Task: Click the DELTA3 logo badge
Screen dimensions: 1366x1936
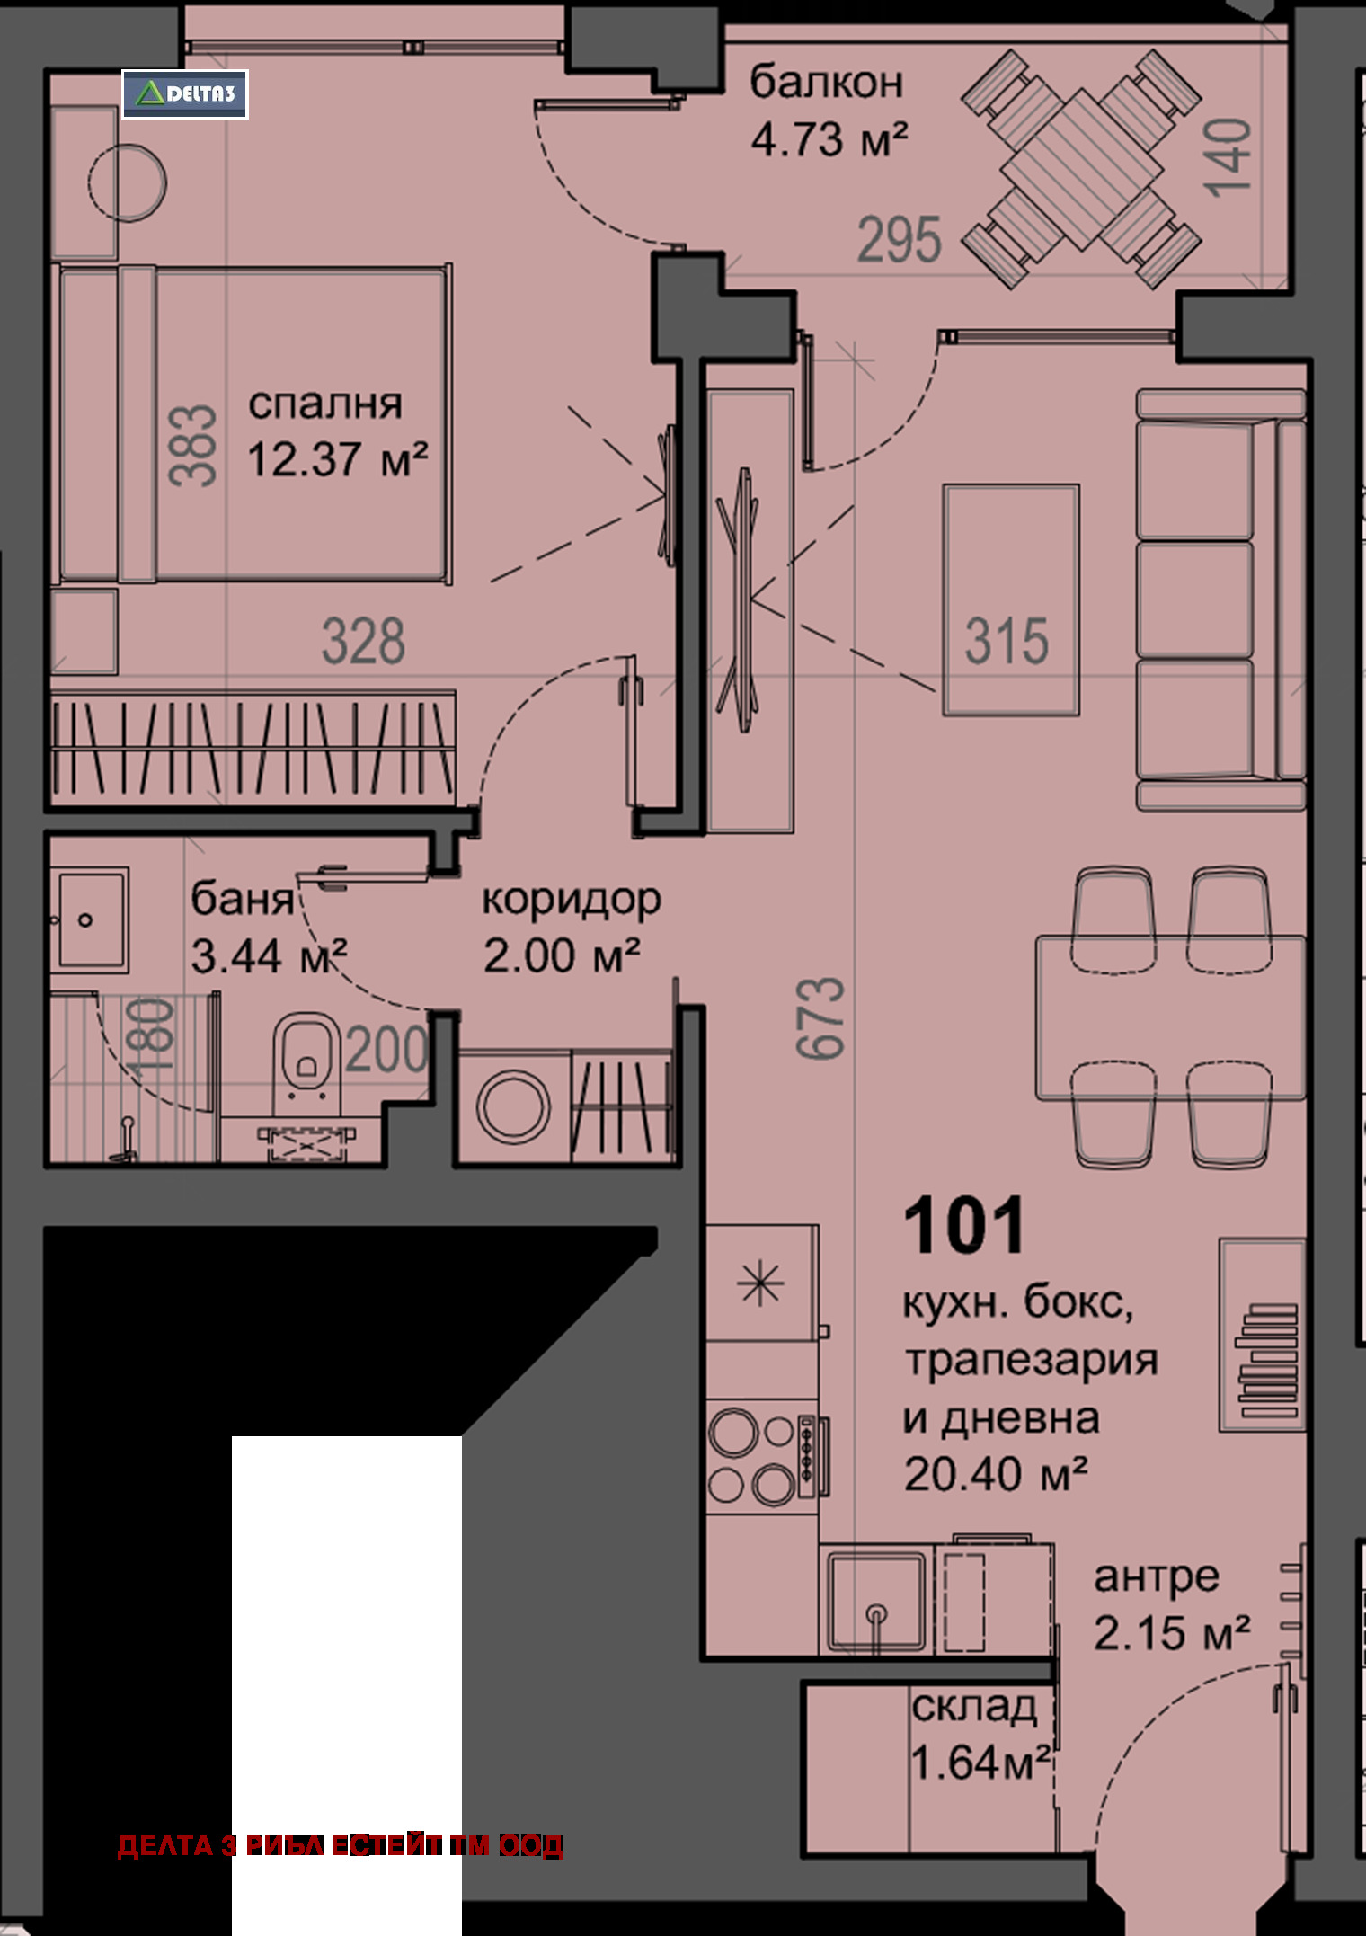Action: pyautogui.click(x=185, y=94)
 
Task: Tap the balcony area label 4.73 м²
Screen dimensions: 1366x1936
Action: pyautogui.click(x=829, y=139)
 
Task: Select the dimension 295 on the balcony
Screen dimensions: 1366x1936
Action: pyautogui.click(x=899, y=240)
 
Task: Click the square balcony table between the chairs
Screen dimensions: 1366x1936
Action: pyautogui.click(x=1081, y=169)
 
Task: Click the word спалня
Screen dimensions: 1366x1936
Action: pyautogui.click(x=325, y=405)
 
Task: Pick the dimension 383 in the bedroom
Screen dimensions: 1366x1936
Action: pyautogui.click(x=192, y=446)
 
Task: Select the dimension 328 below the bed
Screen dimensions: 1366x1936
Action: pyautogui.click(x=363, y=641)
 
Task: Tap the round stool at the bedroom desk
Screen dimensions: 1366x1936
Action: pyautogui.click(x=128, y=182)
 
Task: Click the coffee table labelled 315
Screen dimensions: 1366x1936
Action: pyautogui.click(x=1010, y=600)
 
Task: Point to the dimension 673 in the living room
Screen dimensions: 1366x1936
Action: pyautogui.click(x=820, y=1017)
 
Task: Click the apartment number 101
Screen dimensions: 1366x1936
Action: pyautogui.click(x=964, y=1226)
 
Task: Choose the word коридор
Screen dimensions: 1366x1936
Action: pyautogui.click(x=572, y=901)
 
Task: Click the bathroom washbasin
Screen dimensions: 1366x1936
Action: pyautogui.click(x=88, y=919)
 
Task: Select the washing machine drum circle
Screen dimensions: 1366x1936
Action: pyautogui.click(x=513, y=1106)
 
